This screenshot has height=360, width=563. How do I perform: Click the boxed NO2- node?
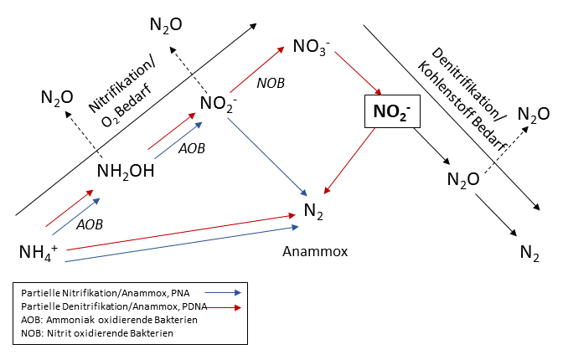pos(390,111)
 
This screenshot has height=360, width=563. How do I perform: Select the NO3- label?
pos(311,44)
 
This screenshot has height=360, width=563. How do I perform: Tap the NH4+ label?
pos(38,251)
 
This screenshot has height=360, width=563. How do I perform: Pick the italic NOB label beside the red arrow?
pos(271,83)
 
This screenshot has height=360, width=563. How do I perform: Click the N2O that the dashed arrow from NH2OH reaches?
pos(56,97)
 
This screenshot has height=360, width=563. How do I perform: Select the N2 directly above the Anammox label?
pos(312,212)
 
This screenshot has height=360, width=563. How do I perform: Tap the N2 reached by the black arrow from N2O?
pos(529,251)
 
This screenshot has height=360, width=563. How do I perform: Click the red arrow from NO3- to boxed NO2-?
pos(356,75)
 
